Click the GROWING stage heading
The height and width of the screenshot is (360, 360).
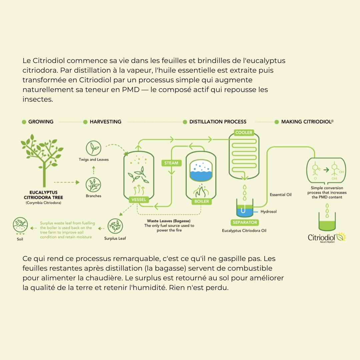pyautogui.click(x=41, y=122)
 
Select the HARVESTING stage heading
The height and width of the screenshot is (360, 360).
pyautogui.click(x=105, y=122)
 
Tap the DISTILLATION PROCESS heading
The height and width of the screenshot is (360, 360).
pyautogui.click(x=218, y=122)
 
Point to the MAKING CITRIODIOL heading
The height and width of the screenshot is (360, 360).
pyautogui.click(x=307, y=122)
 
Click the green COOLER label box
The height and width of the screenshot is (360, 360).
pyautogui.click(x=244, y=132)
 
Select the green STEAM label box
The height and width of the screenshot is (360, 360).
pyautogui.click(x=171, y=163)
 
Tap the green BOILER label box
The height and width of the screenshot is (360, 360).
pyautogui.click(x=201, y=201)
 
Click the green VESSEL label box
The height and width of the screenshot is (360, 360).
pyautogui.click(x=138, y=200)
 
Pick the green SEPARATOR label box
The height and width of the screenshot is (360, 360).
pyautogui.click(x=245, y=222)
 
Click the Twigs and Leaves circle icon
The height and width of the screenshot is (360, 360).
pyautogui.click(x=94, y=148)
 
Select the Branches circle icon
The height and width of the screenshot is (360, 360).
pyautogui.click(x=93, y=185)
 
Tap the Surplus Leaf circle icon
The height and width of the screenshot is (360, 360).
pyautogui.click(x=115, y=226)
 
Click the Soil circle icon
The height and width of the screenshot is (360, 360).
pyautogui.click(x=20, y=225)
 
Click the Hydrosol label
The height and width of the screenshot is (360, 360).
pyautogui.click(x=268, y=212)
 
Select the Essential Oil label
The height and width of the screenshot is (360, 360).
pyautogui.click(x=281, y=195)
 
